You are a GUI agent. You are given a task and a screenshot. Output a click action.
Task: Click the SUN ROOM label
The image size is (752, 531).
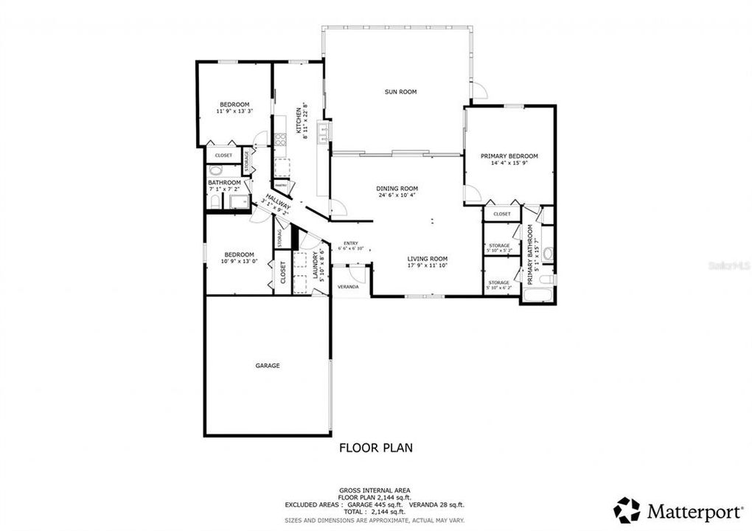(400, 92)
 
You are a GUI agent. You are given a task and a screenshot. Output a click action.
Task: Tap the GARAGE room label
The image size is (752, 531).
(268, 365)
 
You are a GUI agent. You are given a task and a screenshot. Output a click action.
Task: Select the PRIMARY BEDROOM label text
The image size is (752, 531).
(509, 156)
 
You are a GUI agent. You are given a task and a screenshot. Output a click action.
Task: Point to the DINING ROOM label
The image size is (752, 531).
(397, 189)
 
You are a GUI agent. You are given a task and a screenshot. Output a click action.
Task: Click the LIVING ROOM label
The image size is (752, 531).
(428, 259)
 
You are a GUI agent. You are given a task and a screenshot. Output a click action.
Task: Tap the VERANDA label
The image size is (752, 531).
(348, 286)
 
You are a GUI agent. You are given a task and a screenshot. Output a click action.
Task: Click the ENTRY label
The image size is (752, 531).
(351, 243)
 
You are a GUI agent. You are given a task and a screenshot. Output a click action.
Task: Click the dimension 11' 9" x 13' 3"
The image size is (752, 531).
(234, 111)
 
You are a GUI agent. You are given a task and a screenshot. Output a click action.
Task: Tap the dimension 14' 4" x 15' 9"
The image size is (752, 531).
(509, 163)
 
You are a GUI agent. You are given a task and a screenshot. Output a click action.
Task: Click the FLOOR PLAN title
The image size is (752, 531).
(375, 447)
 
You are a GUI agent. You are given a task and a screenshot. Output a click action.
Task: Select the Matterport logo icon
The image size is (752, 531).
(627, 510)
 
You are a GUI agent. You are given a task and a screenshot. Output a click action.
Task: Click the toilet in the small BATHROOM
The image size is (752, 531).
(215, 170)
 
